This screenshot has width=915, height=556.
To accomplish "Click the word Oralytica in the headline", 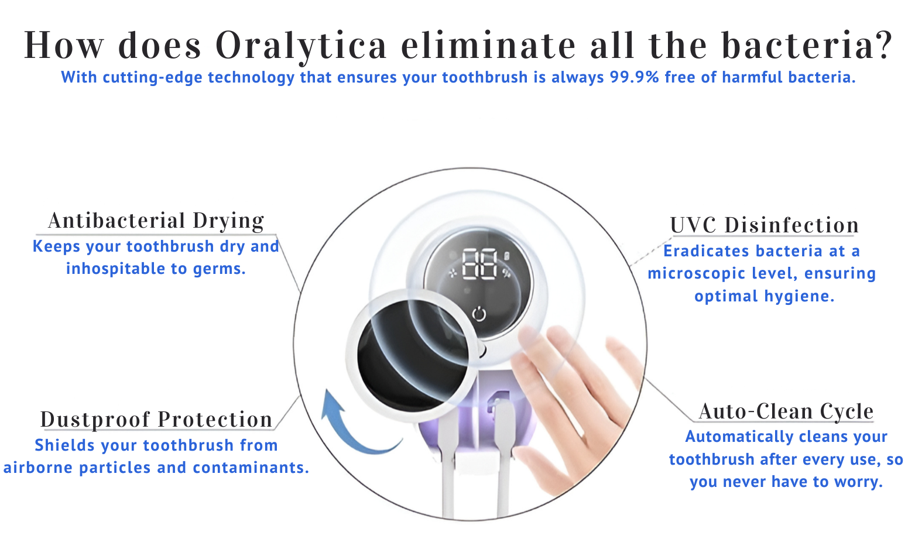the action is point(301,46).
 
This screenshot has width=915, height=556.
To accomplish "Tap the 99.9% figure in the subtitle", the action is point(635,77).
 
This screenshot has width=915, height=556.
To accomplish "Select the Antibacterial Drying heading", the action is point(156,221).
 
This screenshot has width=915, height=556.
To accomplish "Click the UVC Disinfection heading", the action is point(765,225).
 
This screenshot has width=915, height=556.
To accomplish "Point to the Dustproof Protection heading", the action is point(156,420).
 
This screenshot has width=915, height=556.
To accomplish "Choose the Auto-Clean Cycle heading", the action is point(786,411).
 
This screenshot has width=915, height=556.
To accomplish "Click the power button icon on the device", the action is point(479,314).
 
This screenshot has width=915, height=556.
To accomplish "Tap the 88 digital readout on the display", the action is point(479,265).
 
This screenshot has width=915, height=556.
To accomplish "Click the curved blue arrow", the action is point(355,425).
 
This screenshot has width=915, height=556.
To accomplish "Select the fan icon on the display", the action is point(453,273).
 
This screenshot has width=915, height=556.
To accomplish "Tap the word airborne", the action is point(38,468).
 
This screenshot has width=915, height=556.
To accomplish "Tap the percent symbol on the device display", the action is point(506,273).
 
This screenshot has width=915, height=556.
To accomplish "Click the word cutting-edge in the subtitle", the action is point(152,78).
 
